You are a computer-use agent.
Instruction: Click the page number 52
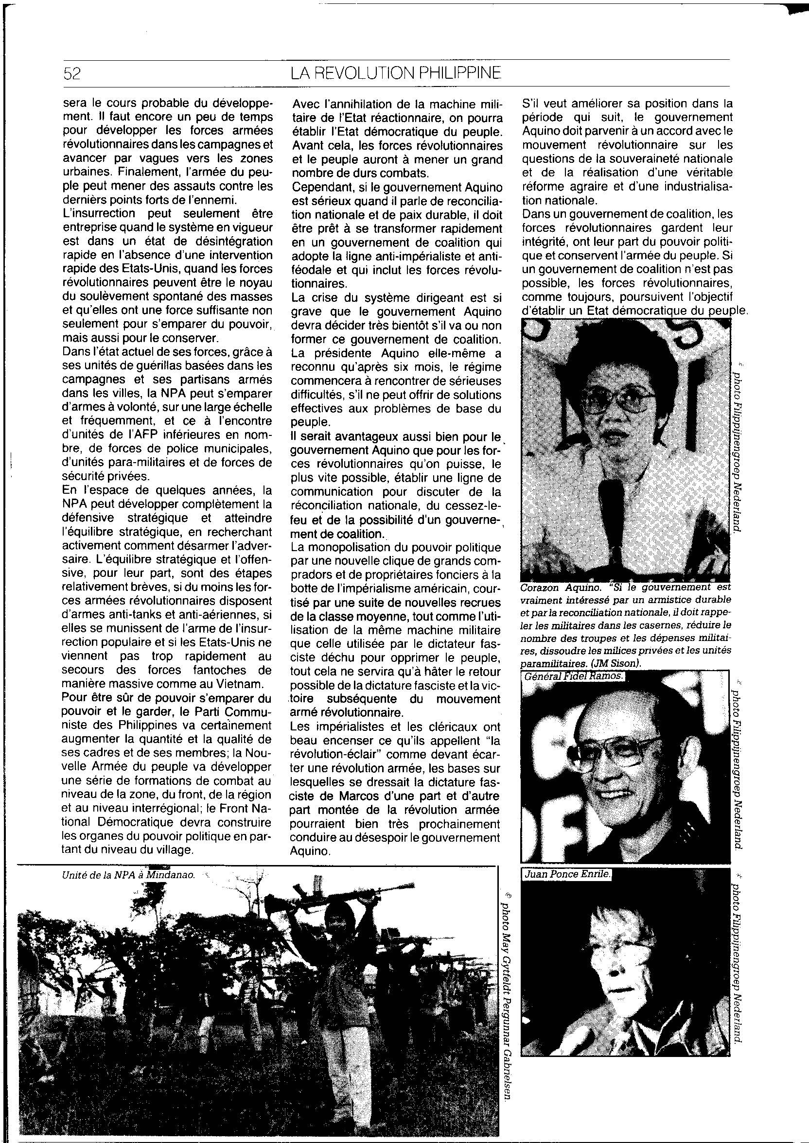point(72,74)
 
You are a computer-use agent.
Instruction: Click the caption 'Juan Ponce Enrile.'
point(567,874)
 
